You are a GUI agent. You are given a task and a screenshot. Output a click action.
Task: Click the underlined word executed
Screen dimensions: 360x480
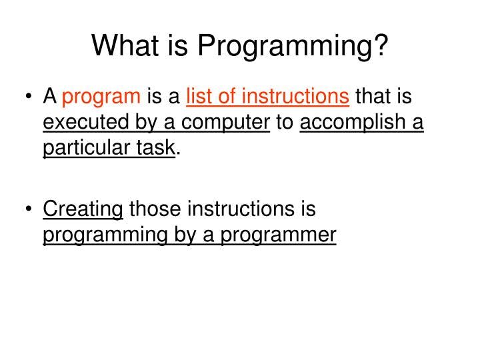click(82, 123)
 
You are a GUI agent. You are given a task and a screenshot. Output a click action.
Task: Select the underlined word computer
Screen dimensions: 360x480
click(226, 123)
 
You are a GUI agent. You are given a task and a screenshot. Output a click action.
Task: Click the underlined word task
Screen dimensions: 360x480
click(155, 147)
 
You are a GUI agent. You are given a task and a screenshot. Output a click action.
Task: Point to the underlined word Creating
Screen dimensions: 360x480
click(83, 209)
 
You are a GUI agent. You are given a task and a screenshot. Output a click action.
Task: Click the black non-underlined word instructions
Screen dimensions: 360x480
click(241, 209)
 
